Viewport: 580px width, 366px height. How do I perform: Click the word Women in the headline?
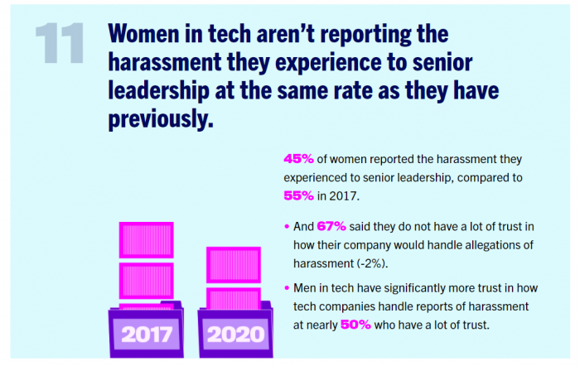click(x=143, y=34)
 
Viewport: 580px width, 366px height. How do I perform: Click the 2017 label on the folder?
click(x=145, y=335)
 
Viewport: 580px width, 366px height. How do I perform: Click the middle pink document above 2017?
click(x=146, y=281)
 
